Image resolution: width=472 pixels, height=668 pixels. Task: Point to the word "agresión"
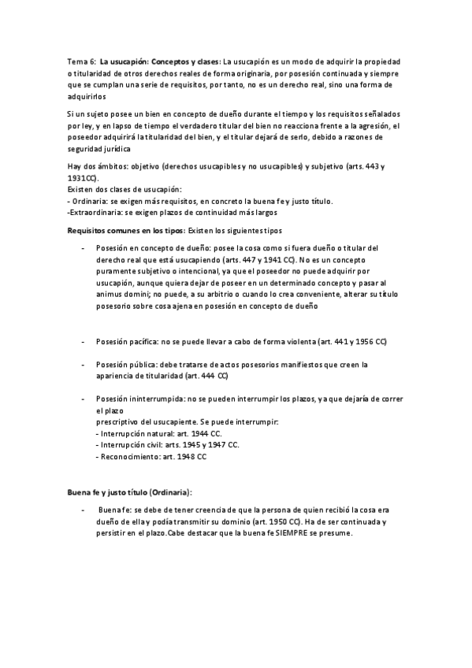366,126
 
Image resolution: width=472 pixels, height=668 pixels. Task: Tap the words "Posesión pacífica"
126,342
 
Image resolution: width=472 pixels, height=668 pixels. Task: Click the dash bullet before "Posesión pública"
84,365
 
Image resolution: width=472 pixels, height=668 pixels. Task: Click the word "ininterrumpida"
147,399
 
